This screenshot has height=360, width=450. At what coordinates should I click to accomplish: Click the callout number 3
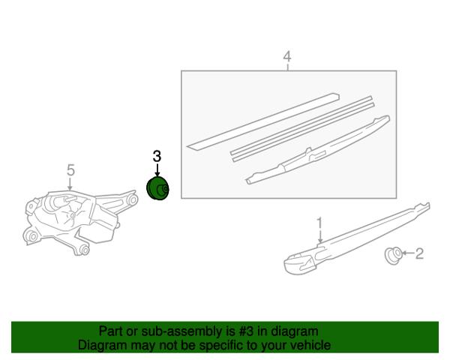(x=157, y=157)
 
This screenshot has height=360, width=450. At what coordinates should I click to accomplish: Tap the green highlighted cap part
(x=157, y=188)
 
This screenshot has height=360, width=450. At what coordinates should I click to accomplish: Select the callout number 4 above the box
(x=287, y=56)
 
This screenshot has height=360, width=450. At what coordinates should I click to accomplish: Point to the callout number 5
(x=70, y=170)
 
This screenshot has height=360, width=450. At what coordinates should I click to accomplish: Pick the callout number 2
(x=419, y=253)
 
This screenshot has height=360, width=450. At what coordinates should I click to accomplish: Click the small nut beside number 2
(x=393, y=255)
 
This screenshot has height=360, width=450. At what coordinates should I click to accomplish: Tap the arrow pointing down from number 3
(x=157, y=170)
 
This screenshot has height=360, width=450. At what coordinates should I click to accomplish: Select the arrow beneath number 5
(x=70, y=184)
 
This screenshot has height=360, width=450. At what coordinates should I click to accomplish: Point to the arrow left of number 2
(x=409, y=253)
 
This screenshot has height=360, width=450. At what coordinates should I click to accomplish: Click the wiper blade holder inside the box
(x=318, y=150)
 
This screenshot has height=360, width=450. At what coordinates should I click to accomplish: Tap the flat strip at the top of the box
(x=263, y=121)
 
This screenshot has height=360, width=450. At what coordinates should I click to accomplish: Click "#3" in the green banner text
(x=246, y=331)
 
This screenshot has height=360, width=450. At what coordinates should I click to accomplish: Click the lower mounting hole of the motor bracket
(x=85, y=250)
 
